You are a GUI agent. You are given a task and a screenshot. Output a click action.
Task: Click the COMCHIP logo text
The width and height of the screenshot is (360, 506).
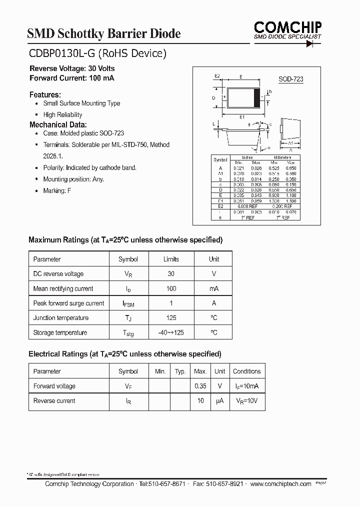coord(287,27)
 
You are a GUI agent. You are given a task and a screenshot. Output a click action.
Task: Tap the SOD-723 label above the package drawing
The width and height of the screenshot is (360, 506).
coord(290,79)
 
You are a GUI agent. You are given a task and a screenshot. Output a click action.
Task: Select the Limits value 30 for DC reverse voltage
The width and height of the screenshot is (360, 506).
coord(171,274)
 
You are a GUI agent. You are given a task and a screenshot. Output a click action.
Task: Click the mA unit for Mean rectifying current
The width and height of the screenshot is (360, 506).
coord(213,288)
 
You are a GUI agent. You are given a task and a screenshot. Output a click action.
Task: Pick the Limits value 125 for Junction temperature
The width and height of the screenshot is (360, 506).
coord(171,318)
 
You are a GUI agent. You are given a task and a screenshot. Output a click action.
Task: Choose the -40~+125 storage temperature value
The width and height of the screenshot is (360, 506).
coord(171,332)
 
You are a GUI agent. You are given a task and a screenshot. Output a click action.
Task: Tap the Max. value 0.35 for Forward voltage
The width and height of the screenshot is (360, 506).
coord(200,386)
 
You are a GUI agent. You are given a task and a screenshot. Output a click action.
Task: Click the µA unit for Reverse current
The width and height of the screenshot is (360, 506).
coord(219,401)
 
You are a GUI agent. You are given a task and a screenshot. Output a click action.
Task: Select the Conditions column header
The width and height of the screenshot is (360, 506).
coord(246,371)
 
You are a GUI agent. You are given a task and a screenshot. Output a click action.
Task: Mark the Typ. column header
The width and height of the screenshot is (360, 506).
coord(180,371)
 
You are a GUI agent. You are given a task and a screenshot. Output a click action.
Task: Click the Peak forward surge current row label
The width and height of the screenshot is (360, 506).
coord(68,303)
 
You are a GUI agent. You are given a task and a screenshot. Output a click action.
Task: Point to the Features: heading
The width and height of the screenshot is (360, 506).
coord(45,94)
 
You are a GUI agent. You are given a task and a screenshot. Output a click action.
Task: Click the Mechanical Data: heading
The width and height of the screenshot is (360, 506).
coord(58,124)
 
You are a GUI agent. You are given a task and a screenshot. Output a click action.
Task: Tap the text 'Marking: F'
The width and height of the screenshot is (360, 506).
coord(57,191)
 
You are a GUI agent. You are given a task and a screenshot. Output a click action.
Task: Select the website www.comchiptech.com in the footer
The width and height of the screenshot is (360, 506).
coord(280,484)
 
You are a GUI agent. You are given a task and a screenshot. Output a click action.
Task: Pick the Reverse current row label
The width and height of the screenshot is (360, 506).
coord(54,401)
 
